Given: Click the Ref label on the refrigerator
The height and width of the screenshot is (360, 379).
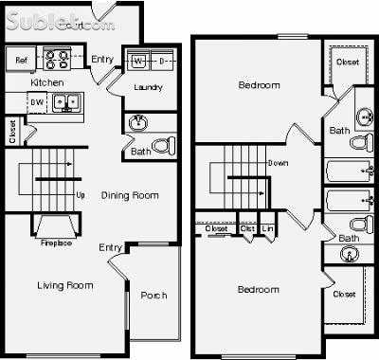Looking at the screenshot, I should pyautogui.click(x=22, y=61).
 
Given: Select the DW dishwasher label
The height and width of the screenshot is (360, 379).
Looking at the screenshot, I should pyautogui.click(x=37, y=101).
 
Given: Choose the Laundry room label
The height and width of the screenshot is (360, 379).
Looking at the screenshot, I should pyautogui.click(x=148, y=87).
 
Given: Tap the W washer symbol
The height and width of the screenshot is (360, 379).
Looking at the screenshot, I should pyautogui.click(x=138, y=62).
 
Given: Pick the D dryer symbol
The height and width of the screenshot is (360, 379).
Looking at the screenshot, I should pyautogui.click(x=162, y=62).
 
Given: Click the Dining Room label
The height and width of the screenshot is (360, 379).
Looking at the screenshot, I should pyautogui.click(x=129, y=196).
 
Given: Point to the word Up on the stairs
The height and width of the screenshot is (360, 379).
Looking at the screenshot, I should pyautogui.click(x=81, y=197).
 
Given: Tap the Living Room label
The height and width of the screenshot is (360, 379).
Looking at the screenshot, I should pyautogui.click(x=64, y=285).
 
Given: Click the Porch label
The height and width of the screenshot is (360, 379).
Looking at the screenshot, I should pyautogui.click(x=153, y=296).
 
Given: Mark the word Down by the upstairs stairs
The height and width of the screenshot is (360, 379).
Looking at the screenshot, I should pyautogui.click(x=279, y=163).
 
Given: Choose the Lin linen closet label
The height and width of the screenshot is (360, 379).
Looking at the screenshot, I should pyautogui.click(x=268, y=228).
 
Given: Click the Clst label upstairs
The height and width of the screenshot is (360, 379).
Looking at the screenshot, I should pyautogui.click(x=247, y=228).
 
